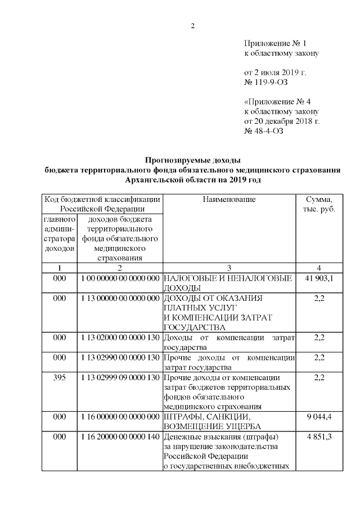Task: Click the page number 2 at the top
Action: click(192, 26)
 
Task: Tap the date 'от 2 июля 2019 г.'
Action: click(275, 73)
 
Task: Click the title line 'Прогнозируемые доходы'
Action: click(193, 160)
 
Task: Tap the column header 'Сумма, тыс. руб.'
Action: click(318, 204)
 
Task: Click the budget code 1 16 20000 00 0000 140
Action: click(119, 436)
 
